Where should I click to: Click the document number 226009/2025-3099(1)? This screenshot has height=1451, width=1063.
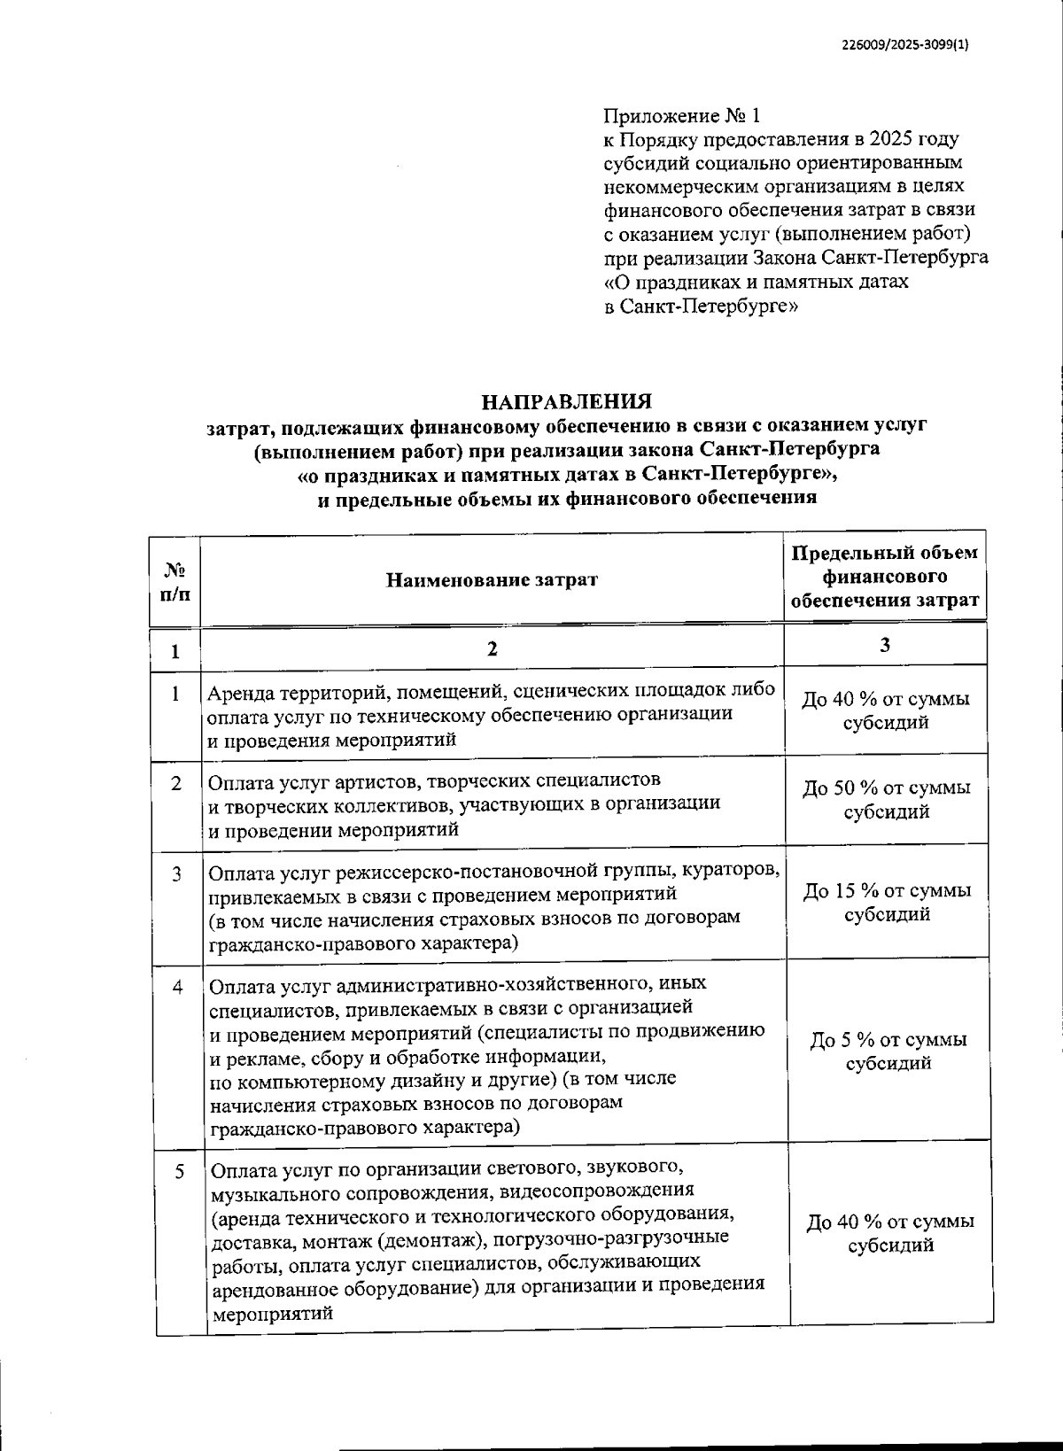pos(904,50)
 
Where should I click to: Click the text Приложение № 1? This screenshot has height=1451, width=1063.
pos(681,116)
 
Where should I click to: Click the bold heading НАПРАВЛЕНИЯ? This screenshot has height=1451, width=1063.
pos(566,401)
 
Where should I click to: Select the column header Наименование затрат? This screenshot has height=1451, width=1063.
pos(492,580)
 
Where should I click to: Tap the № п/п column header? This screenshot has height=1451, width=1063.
pos(175,580)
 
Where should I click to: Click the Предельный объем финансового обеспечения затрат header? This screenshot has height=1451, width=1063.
pos(885,577)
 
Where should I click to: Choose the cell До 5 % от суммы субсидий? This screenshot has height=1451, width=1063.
pos(888,1051)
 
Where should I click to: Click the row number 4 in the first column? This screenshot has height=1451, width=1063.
pos(177,986)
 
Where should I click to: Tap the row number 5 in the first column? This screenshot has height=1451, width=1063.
pos(180,1172)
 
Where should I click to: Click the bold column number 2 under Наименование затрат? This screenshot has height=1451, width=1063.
pos(493,649)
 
